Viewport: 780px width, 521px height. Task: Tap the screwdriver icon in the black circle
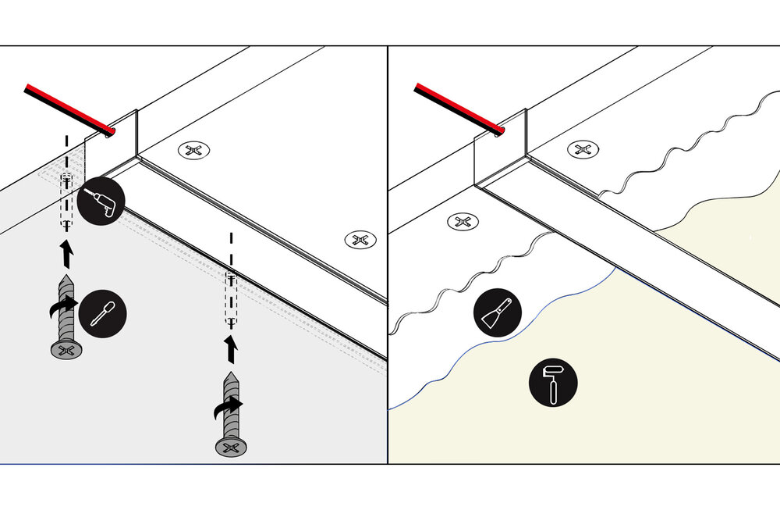click(x=102, y=312)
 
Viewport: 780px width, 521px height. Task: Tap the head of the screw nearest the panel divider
click(x=232, y=447)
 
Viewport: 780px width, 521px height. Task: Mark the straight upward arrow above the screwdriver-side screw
click(x=68, y=251)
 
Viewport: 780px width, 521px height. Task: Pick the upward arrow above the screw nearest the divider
click(x=232, y=349)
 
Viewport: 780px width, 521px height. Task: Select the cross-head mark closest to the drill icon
click(x=194, y=150)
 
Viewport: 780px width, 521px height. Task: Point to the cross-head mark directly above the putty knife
click(x=463, y=222)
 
